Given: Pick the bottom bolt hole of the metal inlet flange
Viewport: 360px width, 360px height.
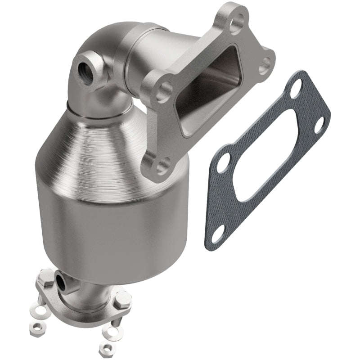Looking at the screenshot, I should [161, 165].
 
